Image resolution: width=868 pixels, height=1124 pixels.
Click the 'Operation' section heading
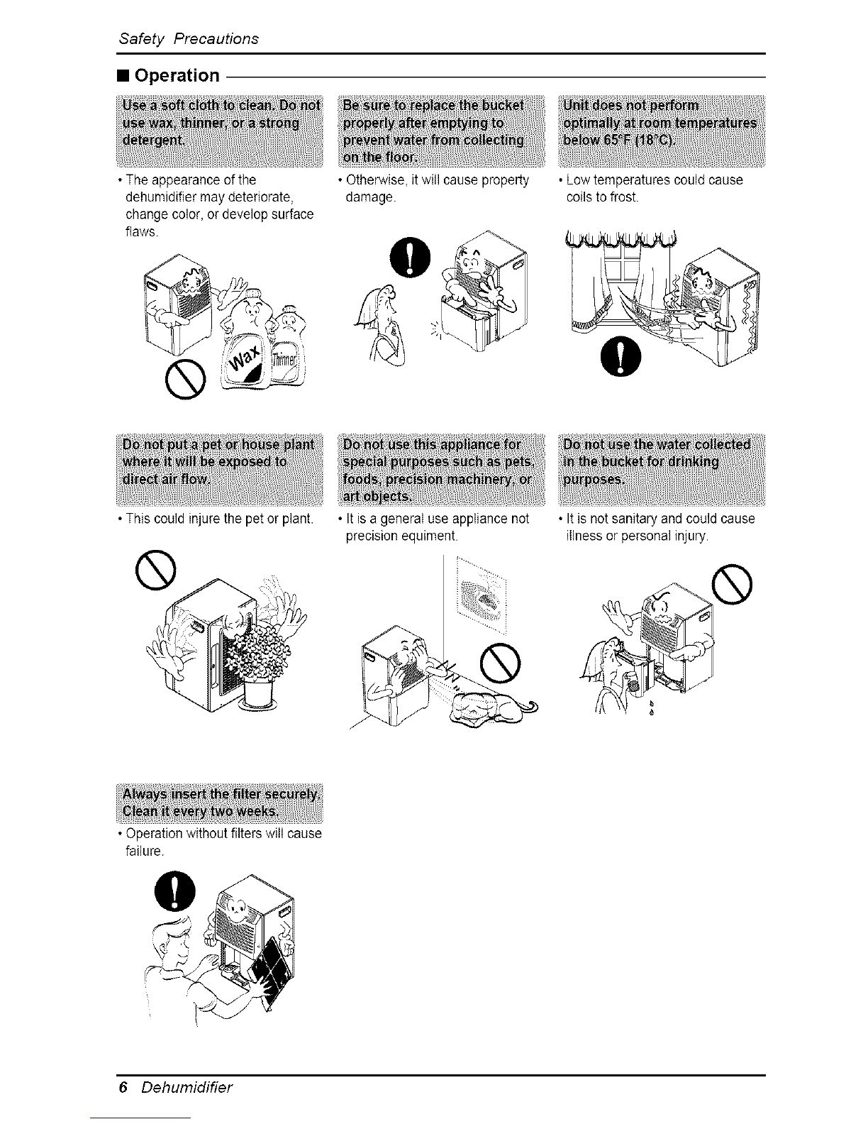(x=177, y=75)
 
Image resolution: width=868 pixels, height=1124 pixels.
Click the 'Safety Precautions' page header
(x=188, y=38)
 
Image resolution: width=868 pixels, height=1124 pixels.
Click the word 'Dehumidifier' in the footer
(x=187, y=1088)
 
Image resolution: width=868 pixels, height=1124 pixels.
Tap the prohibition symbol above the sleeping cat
(x=500, y=661)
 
